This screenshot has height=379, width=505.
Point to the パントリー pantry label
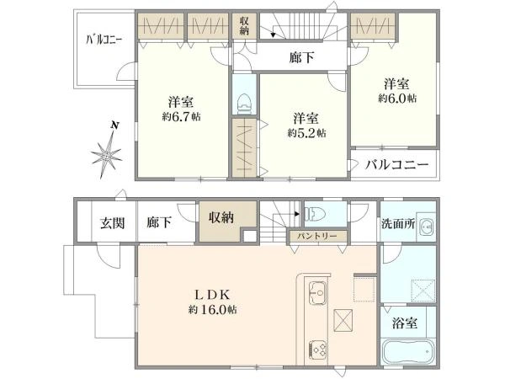[x=316, y=237]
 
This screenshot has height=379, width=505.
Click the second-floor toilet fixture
[x=244, y=100]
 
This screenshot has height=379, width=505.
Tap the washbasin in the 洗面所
[x=426, y=226]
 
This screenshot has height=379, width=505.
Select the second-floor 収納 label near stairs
[x=244, y=25]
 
